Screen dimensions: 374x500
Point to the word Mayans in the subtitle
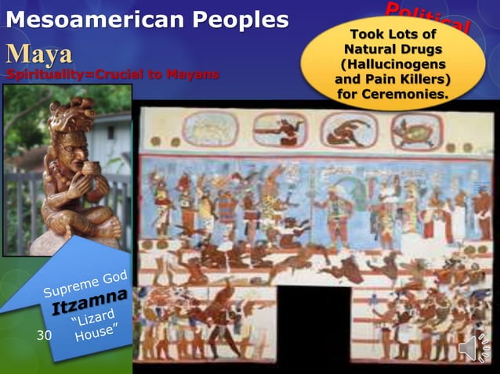click(x=191, y=75)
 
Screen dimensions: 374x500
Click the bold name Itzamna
click(x=89, y=302)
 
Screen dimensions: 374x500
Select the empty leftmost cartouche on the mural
click(x=209, y=129)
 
